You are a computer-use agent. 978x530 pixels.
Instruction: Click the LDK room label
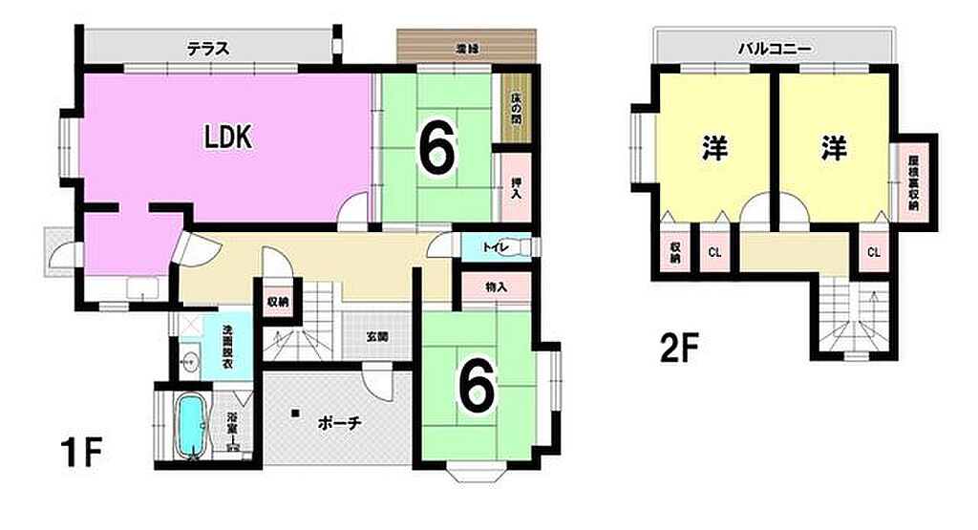[227, 138]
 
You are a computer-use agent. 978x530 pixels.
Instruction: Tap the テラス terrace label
[206, 49]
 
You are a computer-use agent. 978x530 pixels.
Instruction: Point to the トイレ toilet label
[494, 248]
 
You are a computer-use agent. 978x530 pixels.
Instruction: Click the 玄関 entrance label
[376, 336]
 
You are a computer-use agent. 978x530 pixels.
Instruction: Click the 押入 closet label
[516, 188]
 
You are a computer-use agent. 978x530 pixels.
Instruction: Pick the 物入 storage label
[495, 286]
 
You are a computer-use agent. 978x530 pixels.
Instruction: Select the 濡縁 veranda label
[467, 48]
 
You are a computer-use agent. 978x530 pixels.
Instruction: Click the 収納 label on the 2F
[675, 251]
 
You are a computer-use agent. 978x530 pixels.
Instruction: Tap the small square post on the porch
[296, 413]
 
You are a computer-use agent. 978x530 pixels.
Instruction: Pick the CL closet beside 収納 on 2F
[713, 252]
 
